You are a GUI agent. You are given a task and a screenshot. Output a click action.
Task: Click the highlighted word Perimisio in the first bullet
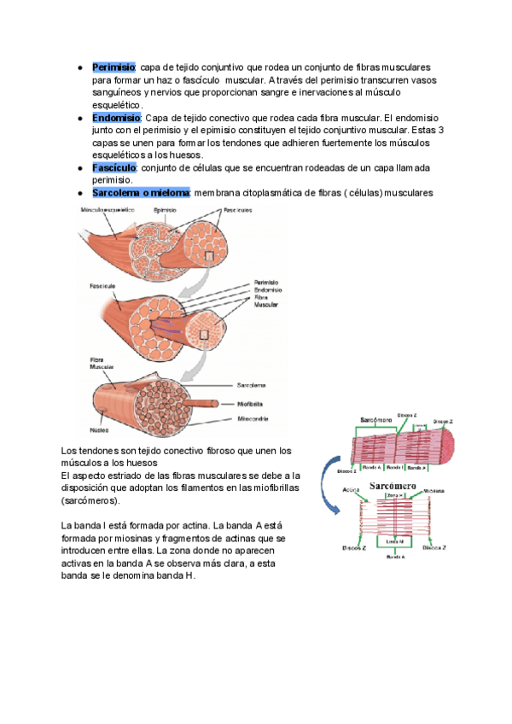113,67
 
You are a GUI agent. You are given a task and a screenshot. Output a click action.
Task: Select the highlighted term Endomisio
116,118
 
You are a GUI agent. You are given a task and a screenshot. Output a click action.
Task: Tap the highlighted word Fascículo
114,168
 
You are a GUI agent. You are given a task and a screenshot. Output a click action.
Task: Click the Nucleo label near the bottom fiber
100,430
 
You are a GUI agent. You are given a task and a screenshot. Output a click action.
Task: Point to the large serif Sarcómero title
392,486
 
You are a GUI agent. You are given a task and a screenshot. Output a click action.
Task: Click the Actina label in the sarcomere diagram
350,490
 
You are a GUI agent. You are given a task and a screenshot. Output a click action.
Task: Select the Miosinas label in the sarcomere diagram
434,492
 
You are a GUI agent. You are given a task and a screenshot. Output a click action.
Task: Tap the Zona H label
393,495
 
